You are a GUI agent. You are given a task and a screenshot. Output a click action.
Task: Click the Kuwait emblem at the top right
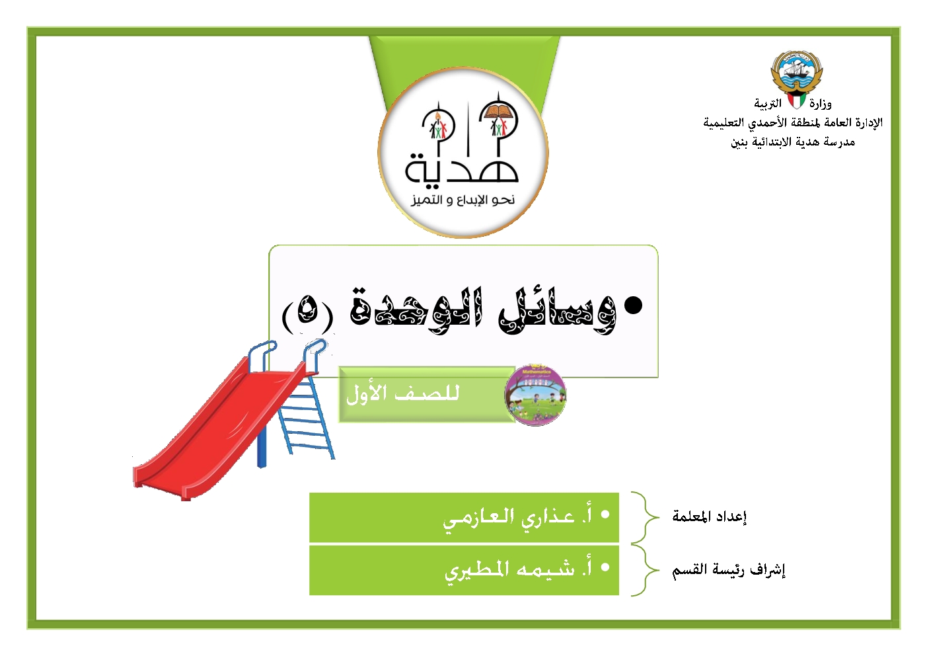(x=796, y=79)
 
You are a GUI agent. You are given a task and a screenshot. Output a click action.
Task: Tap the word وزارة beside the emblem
(x=821, y=104)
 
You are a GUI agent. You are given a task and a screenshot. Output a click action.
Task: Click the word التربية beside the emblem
(x=768, y=104)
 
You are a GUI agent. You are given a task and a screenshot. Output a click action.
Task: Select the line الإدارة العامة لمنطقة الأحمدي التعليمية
(x=793, y=123)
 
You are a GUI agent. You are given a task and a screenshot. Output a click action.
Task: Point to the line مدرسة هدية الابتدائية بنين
(x=793, y=142)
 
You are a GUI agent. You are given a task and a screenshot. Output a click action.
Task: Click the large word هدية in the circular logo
(x=462, y=168)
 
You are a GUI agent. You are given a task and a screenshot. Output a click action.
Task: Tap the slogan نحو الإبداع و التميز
(x=463, y=200)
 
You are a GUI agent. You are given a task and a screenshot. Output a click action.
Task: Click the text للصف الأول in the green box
(x=402, y=393)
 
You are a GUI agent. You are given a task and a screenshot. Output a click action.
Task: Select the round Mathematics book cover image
(x=535, y=395)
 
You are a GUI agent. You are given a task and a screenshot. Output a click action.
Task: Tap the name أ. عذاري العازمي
(x=517, y=518)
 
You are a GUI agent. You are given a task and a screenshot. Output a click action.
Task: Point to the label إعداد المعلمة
(x=710, y=516)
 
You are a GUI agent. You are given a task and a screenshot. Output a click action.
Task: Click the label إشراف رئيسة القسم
(x=729, y=570)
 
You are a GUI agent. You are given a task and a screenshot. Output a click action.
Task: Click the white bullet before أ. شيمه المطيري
(x=605, y=567)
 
